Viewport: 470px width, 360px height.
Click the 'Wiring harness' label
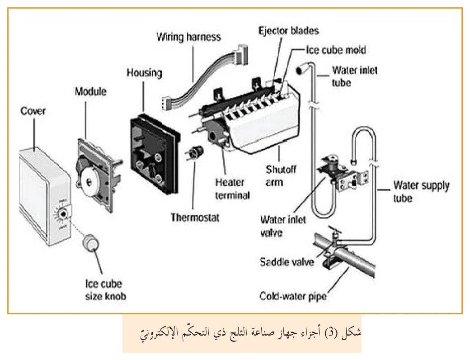[x=188, y=37]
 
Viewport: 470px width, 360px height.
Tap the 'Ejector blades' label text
[x=289, y=31]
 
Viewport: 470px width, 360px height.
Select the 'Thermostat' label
[x=195, y=217]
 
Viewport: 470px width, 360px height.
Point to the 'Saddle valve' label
[x=287, y=262]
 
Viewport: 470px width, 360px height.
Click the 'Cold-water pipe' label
[x=293, y=296]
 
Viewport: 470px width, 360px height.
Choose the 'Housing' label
[x=145, y=73]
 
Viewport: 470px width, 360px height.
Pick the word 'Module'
[x=90, y=91]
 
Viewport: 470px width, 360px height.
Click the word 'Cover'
[x=33, y=111]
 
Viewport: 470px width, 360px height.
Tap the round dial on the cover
[x=63, y=214]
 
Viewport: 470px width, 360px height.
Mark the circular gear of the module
[x=89, y=181]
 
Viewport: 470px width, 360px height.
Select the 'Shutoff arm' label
[x=281, y=176]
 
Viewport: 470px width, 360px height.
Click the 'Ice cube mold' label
[x=336, y=50]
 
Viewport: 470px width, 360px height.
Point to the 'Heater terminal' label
[x=232, y=189]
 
